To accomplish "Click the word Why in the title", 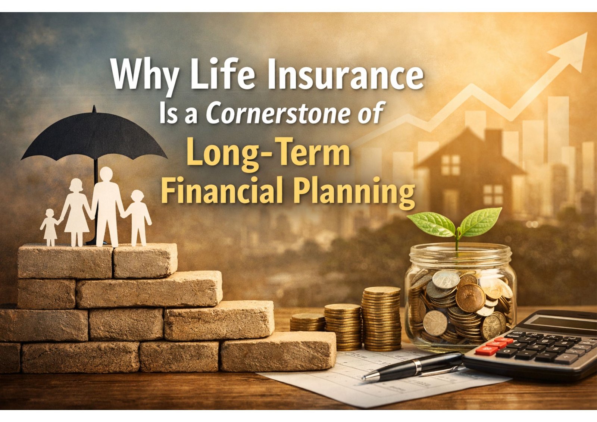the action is point(144,76).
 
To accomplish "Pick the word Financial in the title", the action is point(222,190).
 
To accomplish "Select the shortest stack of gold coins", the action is point(307,322).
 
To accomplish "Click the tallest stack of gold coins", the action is point(381,319).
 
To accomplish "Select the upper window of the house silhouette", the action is point(450,165).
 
